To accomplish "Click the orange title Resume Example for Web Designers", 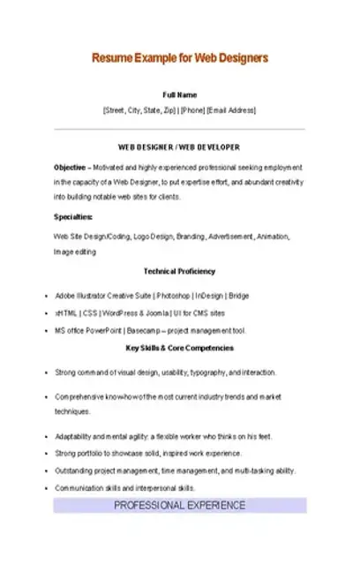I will click(x=180, y=58).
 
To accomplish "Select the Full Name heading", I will click(x=180, y=94).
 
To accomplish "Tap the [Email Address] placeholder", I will click(x=230, y=110).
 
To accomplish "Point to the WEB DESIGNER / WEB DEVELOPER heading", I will click(x=179, y=147).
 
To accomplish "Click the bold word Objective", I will click(x=70, y=167).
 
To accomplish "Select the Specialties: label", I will click(x=73, y=217).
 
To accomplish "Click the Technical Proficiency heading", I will click(x=179, y=271).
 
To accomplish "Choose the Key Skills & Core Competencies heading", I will click(x=179, y=348).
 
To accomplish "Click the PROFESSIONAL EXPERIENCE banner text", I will click(x=179, y=506).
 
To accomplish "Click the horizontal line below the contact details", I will click(x=180, y=130).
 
